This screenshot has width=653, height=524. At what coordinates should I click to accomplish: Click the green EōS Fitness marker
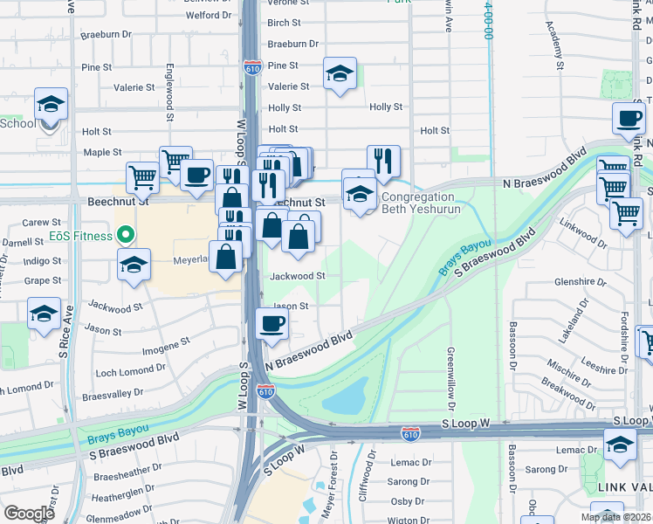(125, 236)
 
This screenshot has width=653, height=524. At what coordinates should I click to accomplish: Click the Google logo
(29, 514)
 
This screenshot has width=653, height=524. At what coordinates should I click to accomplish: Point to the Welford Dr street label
(208, 15)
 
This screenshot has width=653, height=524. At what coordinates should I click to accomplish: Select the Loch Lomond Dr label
(130, 372)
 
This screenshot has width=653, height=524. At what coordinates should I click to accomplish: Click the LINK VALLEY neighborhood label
(623, 486)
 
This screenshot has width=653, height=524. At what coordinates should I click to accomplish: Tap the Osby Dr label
(407, 500)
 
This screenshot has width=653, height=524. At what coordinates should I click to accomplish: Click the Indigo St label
(43, 260)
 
